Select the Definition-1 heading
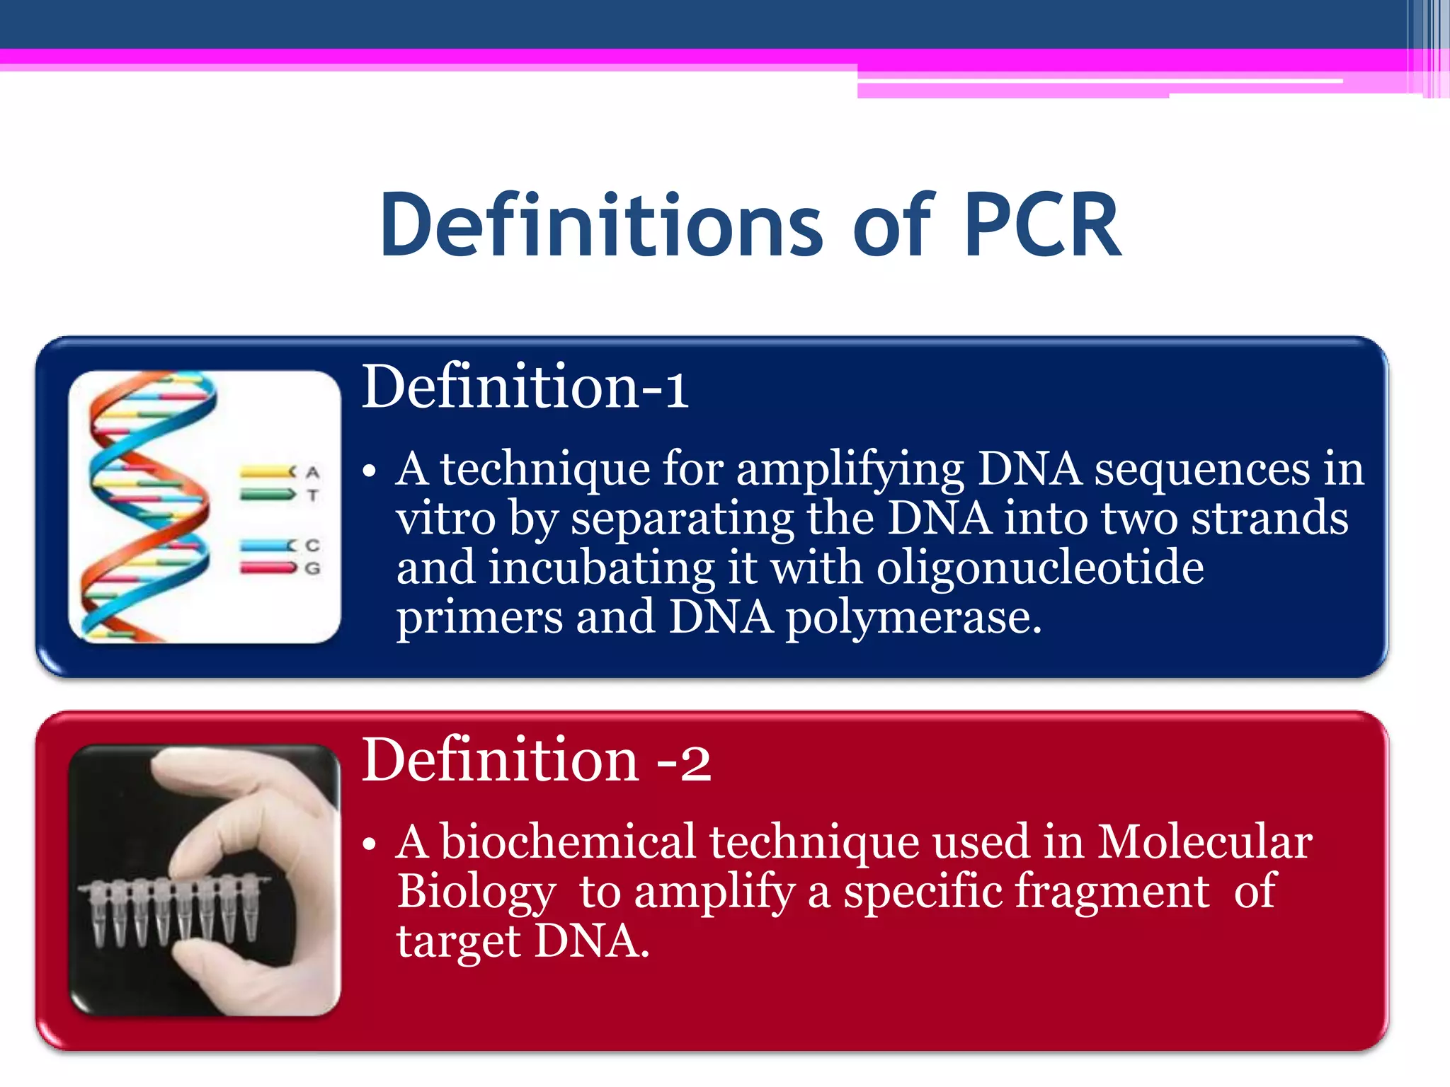[524, 388]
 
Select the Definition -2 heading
[535, 760]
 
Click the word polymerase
[913, 617]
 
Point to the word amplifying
[850, 470]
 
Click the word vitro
[445, 519]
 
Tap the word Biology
[476, 893]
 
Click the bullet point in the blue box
[368, 472]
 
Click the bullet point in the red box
[368, 845]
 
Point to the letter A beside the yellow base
[312, 472]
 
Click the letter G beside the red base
[312, 568]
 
